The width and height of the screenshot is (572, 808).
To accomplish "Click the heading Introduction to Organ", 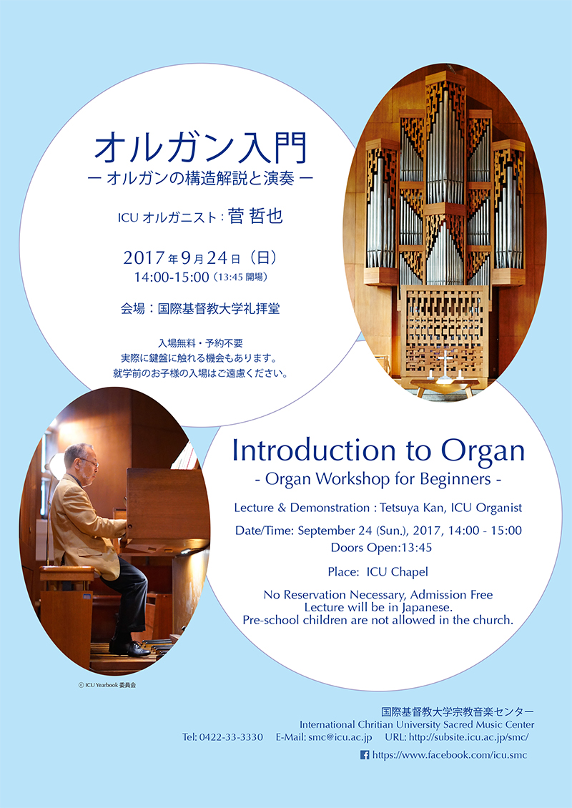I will click(x=378, y=450).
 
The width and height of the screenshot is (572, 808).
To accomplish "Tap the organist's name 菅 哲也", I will click(x=255, y=216).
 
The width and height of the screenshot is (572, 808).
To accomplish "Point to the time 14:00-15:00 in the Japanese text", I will click(x=171, y=277).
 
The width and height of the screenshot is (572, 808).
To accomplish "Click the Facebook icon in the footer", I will click(x=365, y=755).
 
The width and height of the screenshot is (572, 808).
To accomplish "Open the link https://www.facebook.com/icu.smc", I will click(x=449, y=755).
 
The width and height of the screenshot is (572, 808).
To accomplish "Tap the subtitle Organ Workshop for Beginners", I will click(x=378, y=478).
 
